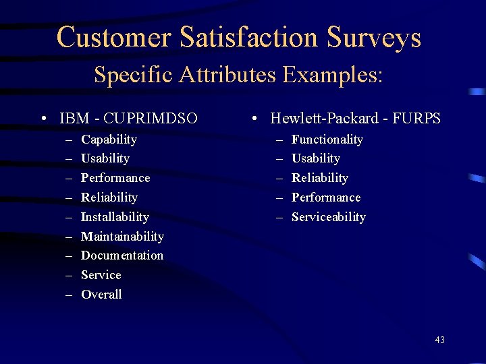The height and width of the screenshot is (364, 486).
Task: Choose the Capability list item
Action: (x=109, y=140)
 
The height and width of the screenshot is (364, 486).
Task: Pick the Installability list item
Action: (x=115, y=217)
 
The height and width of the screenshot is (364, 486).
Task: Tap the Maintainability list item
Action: (x=122, y=237)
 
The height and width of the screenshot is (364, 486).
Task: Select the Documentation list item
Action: (x=122, y=255)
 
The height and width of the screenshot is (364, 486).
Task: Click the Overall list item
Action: (x=101, y=295)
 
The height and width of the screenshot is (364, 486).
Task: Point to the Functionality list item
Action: (x=327, y=140)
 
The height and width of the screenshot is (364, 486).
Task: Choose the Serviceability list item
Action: (x=328, y=217)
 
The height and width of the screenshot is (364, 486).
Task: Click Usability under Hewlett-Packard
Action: (x=315, y=158)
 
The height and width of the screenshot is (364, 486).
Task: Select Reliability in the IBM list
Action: (x=109, y=198)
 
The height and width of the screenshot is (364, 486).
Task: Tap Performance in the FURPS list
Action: (x=326, y=198)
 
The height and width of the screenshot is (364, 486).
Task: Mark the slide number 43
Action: (x=439, y=340)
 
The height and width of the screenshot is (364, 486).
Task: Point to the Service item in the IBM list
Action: (x=101, y=275)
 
